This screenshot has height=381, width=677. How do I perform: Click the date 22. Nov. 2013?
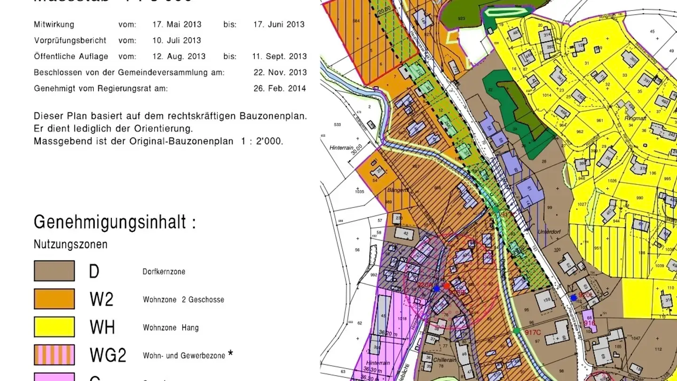[x=280, y=72]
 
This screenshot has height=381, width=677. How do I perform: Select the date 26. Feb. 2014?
[x=280, y=88]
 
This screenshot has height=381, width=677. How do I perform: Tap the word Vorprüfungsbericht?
[x=70, y=40]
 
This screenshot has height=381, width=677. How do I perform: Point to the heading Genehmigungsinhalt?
[x=114, y=222]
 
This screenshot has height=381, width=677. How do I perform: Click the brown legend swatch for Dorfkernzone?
[x=54, y=271]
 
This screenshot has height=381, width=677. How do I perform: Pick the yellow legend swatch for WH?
[x=54, y=327]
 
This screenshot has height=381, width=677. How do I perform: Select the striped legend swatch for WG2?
[x=54, y=355]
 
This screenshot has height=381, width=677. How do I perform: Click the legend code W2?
[x=101, y=299]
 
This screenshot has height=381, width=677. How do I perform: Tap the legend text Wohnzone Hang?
[x=171, y=328]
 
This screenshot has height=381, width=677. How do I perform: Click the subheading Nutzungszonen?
[x=71, y=245]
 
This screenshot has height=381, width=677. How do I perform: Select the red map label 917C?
[x=533, y=333]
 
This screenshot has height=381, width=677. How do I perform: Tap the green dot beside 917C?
[x=517, y=331]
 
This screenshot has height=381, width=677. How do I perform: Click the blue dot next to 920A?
[x=436, y=288]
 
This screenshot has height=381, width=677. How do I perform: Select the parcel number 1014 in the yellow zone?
[x=547, y=95]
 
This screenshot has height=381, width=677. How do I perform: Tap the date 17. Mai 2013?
[x=177, y=24]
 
